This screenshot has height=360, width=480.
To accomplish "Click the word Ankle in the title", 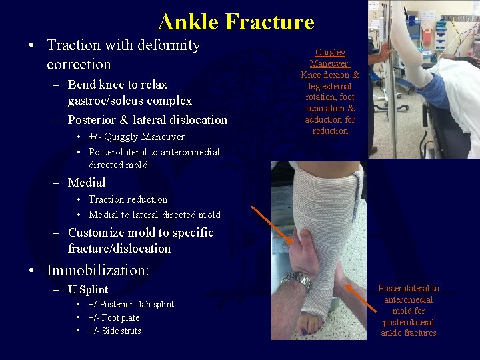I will tap(188, 22).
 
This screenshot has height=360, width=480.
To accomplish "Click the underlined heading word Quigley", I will tap(330, 52).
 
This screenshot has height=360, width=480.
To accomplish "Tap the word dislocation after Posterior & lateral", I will tap(194, 120).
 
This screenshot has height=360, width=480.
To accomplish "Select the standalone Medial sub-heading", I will tap(87, 182).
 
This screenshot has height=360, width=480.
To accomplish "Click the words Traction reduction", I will tap(128, 199).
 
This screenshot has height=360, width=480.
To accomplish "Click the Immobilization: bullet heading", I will tap(98, 271).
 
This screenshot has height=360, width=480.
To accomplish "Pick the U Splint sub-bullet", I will tap(88, 289).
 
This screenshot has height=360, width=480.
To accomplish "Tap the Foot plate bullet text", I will tap(119, 317).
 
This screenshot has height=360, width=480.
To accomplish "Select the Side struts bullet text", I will tap(120, 331).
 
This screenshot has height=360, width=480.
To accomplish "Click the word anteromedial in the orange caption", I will tap(409, 299).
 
